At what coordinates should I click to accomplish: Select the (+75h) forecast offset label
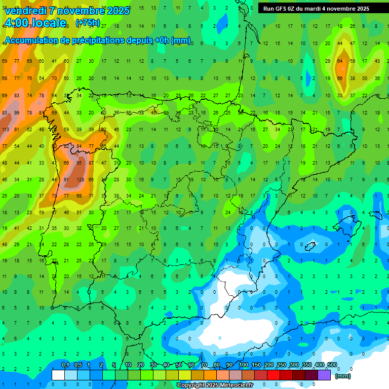tap(88, 23)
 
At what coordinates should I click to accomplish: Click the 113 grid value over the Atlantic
tap(6, 129)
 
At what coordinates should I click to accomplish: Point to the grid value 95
tap(79, 163)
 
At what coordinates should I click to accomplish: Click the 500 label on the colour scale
tap(332, 365)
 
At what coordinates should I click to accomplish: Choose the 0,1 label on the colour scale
tap(65, 365)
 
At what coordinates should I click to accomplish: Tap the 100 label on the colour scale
tap(244, 365)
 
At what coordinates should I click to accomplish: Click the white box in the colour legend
tap(58, 375)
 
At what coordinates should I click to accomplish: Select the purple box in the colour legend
tap(324, 375)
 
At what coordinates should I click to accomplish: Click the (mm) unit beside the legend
tap(343, 376)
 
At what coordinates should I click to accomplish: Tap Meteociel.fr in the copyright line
tap(234, 385)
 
